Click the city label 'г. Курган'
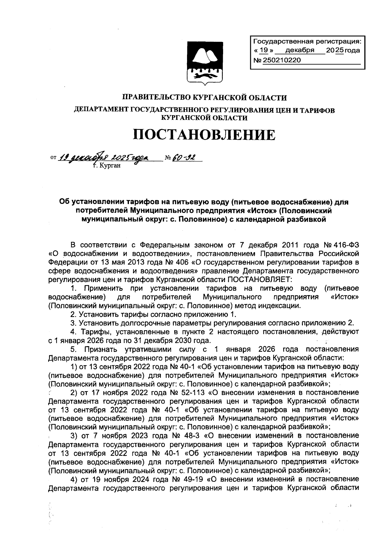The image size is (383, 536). click(x=106, y=166)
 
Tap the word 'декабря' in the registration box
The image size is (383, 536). click(x=299, y=50)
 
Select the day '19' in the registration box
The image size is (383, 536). click(x=263, y=50)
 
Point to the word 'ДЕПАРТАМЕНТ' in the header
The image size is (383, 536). click(x=101, y=110)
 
